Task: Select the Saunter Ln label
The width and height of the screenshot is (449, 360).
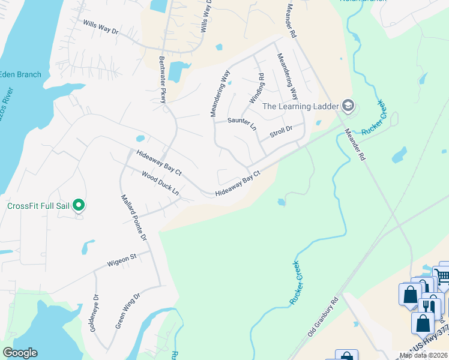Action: pos(242,121)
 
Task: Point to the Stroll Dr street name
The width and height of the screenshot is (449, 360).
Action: pos(281,130)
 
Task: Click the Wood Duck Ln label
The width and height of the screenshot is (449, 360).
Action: pos(160,183)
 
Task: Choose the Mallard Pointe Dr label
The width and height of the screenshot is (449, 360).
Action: pos(134,217)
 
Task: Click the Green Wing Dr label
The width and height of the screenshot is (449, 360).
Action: pos(127,311)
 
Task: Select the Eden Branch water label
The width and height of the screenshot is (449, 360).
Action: pos(20,74)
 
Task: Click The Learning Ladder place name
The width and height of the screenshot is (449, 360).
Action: pos(300,107)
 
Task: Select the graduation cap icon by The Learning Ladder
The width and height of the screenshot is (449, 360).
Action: pos(348,106)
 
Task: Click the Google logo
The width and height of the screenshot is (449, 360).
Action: pos(20,353)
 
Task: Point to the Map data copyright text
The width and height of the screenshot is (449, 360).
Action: pos(423,355)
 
